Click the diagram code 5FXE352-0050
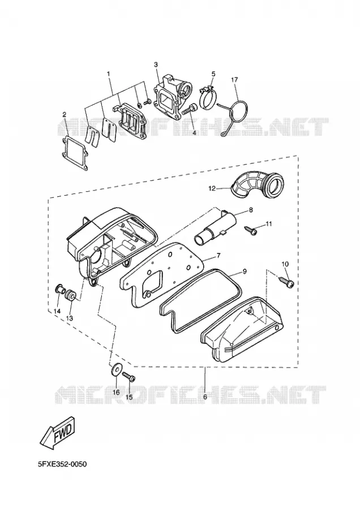point(62,464)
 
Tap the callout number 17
point(234,80)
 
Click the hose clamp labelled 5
point(207,96)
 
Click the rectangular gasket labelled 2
point(75,153)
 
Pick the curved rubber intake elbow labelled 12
point(257,185)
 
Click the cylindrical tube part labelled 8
point(215,227)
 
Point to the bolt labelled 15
point(129,377)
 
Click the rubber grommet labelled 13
point(71,296)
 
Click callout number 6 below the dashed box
point(205,397)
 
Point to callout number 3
point(156,65)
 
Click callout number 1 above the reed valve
point(109,74)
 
